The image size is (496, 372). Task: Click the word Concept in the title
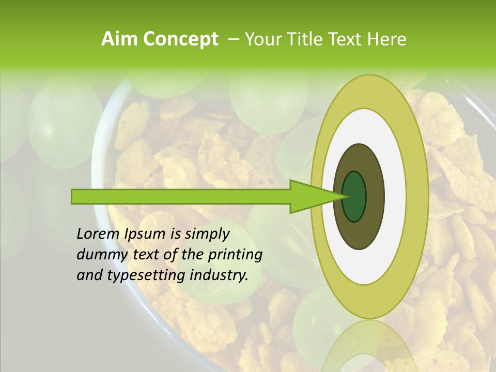pyautogui.click(x=180, y=39)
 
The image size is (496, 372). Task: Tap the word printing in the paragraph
pyautogui.click(x=235, y=255)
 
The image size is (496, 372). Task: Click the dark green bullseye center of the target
pyautogui.click(x=354, y=196)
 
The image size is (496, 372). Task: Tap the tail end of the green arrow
pyautogui.click(x=75, y=196)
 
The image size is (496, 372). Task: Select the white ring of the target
pyautogui.click(x=396, y=196)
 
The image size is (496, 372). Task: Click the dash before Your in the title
pyautogui.click(x=233, y=39)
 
